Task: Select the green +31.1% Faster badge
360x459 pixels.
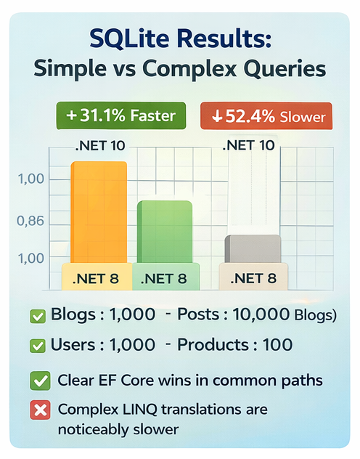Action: pos(120,116)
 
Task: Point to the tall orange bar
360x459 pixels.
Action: pos(98,211)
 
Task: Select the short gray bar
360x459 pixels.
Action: pos(253,248)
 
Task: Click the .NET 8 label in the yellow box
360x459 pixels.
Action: pos(97,277)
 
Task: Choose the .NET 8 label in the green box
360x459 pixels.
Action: pos(164,277)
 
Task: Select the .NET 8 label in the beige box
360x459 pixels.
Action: pos(253,277)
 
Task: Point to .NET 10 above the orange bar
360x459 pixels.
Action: pos(99,145)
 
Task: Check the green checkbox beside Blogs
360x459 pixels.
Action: pos(36,316)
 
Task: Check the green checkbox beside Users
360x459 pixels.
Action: pos(36,345)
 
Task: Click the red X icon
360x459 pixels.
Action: pos(39,410)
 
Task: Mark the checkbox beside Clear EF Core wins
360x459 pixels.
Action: pos(39,380)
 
